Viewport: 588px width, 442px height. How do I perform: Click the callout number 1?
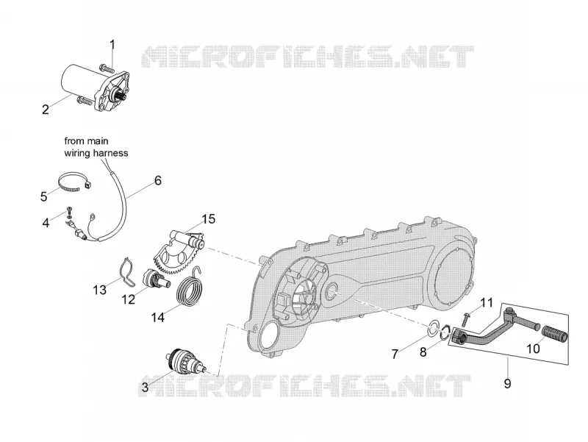click(112, 45)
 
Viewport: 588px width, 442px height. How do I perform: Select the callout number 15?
click(209, 219)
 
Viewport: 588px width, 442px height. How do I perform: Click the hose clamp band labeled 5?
click(73, 182)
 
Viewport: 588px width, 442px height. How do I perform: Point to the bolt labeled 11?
click(465, 318)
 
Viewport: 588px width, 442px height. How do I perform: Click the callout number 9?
click(507, 383)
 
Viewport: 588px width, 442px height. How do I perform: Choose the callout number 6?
click(158, 180)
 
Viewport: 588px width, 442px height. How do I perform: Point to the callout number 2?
click(46, 110)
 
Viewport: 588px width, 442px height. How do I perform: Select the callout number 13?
click(100, 290)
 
